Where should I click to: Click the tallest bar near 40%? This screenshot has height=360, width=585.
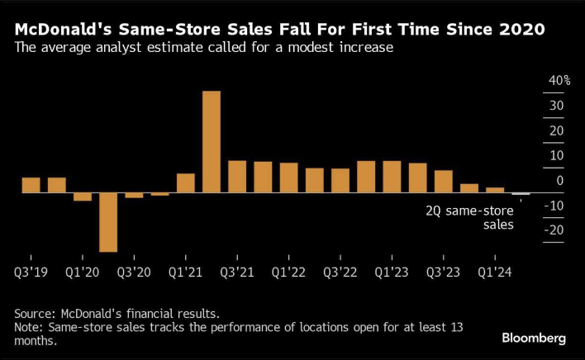[x=212, y=141]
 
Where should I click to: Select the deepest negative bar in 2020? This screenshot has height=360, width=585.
[x=108, y=221]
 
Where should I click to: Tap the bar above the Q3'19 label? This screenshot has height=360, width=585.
[x=31, y=185]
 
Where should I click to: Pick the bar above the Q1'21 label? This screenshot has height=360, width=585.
[x=186, y=182]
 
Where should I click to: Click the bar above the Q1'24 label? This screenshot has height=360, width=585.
[x=495, y=190]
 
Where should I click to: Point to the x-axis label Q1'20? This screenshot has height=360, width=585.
[x=83, y=271]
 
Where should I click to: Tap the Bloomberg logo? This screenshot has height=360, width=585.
[x=534, y=338]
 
